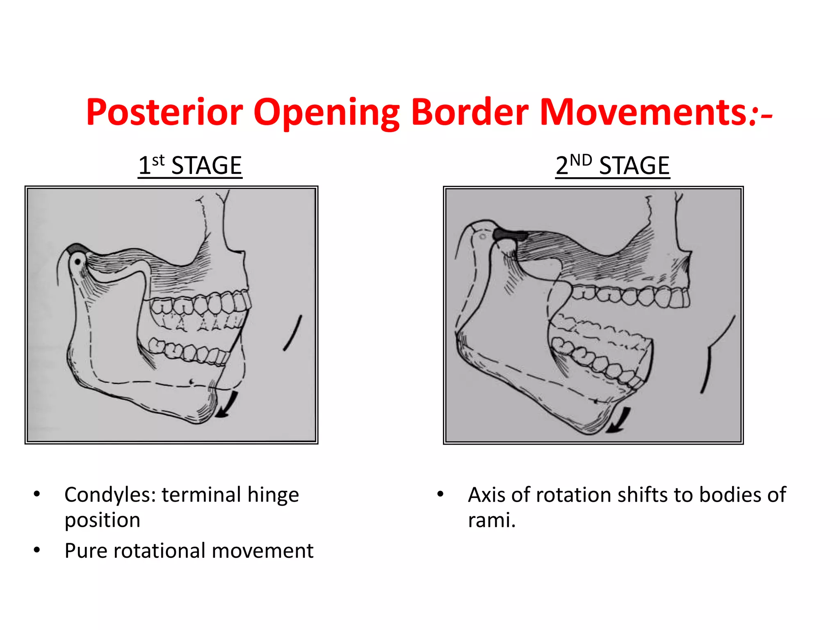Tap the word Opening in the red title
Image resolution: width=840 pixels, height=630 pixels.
point(326,113)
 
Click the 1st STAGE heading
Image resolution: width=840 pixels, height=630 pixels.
point(190,166)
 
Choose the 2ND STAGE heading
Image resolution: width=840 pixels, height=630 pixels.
point(612,166)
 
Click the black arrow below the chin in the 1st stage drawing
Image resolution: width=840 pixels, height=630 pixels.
point(228,405)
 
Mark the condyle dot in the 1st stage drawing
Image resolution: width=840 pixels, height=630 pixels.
point(78,261)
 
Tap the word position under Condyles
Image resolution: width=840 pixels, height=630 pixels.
point(103,520)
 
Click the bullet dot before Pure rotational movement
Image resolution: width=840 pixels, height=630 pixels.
point(37,550)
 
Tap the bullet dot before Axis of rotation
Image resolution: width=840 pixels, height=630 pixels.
point(440,494)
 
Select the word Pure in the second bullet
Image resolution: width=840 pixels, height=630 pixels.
point(86,551)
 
